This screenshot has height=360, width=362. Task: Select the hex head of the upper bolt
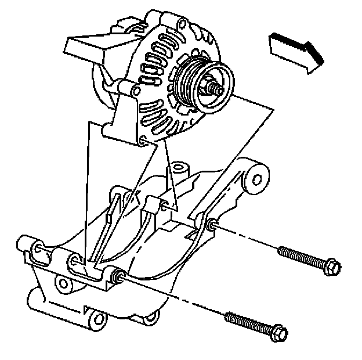click(x=332, y=267)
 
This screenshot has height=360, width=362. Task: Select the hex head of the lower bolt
click(x=277, y=332)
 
